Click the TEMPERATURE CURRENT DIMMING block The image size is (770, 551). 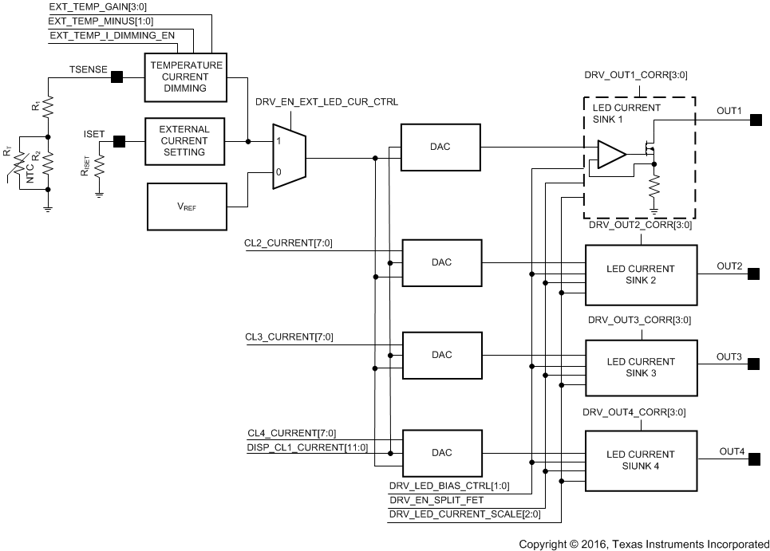184,77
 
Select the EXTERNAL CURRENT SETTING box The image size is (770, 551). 184,140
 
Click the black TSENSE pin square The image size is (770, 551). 116,77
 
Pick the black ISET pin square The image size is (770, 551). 119,141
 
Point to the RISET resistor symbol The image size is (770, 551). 99,167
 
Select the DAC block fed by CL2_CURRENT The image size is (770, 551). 441,262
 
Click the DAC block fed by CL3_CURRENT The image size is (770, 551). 441,355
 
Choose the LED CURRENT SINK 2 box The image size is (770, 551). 641,274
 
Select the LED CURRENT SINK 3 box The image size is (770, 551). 641,367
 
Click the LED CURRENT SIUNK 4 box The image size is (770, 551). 641,459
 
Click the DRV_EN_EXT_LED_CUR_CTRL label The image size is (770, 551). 326,103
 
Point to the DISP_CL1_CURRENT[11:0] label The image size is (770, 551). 307,447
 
